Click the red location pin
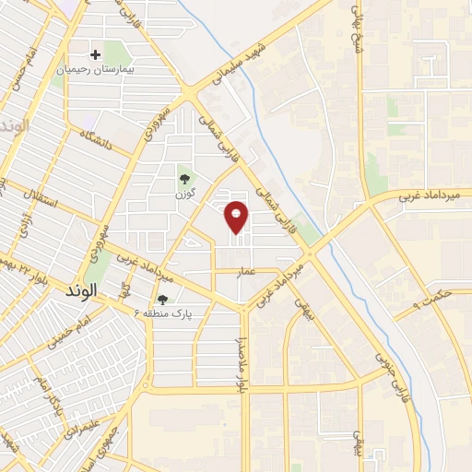coord(237,217)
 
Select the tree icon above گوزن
coord(184,179)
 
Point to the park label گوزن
coord(184,195)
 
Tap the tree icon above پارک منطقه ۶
coord(162,299)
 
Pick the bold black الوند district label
coord(88,291)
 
